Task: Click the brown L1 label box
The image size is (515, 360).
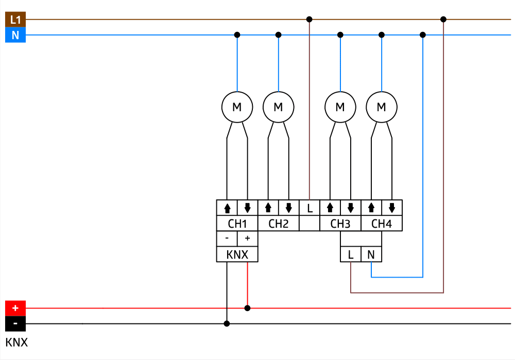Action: click(15, 20)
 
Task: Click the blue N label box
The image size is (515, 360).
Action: click(15, 36)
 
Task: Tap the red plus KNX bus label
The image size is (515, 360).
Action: click(15, 308)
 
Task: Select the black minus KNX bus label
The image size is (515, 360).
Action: click(15, 324)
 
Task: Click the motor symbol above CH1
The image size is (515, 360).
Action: click(237, 107)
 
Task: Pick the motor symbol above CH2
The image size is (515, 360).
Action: click(278, 107)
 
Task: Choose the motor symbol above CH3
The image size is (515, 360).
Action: click(340, 107)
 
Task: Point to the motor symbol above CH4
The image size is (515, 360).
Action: click(381, 107)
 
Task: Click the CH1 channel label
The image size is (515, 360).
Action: click(237, 224)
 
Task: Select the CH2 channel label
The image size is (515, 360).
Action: click(278, 224)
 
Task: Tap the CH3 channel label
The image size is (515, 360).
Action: click(340, 224)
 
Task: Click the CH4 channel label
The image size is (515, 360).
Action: click(381, 224)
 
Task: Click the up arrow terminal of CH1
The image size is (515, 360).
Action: click(227, 208)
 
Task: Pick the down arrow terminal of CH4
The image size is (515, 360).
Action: click(392, 208)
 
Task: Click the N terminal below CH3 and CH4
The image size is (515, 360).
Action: click(371, 254)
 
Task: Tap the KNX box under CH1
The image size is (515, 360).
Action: click(237, 254)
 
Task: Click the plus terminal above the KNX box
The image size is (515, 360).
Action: click(247, 238)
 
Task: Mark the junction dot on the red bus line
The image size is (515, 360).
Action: click(247, 308)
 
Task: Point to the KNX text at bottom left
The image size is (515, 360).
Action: click(16, 342)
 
